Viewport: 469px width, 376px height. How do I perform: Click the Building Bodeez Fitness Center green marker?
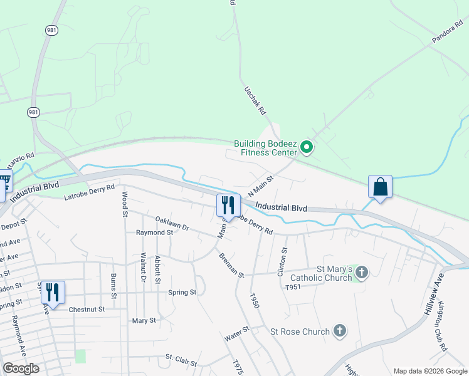[307, 148]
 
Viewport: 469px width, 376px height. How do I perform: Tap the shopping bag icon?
[380, 187]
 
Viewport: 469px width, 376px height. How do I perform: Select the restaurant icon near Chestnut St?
[52, 292]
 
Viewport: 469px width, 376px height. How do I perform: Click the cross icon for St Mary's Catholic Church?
[361, 273]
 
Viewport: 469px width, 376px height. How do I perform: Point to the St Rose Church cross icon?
[339, 330]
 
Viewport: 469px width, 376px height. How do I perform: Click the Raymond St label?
[154, 232]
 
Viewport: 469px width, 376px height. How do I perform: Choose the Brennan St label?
[231, 264]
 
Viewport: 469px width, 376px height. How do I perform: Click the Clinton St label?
[282, 261]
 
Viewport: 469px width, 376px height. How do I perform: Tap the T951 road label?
[293, 287]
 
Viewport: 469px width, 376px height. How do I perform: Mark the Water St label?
[237, 333]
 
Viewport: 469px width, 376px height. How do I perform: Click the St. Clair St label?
[181, 360]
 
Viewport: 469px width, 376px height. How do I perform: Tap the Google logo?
[21, 368]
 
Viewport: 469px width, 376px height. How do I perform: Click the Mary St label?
[144, 320]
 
